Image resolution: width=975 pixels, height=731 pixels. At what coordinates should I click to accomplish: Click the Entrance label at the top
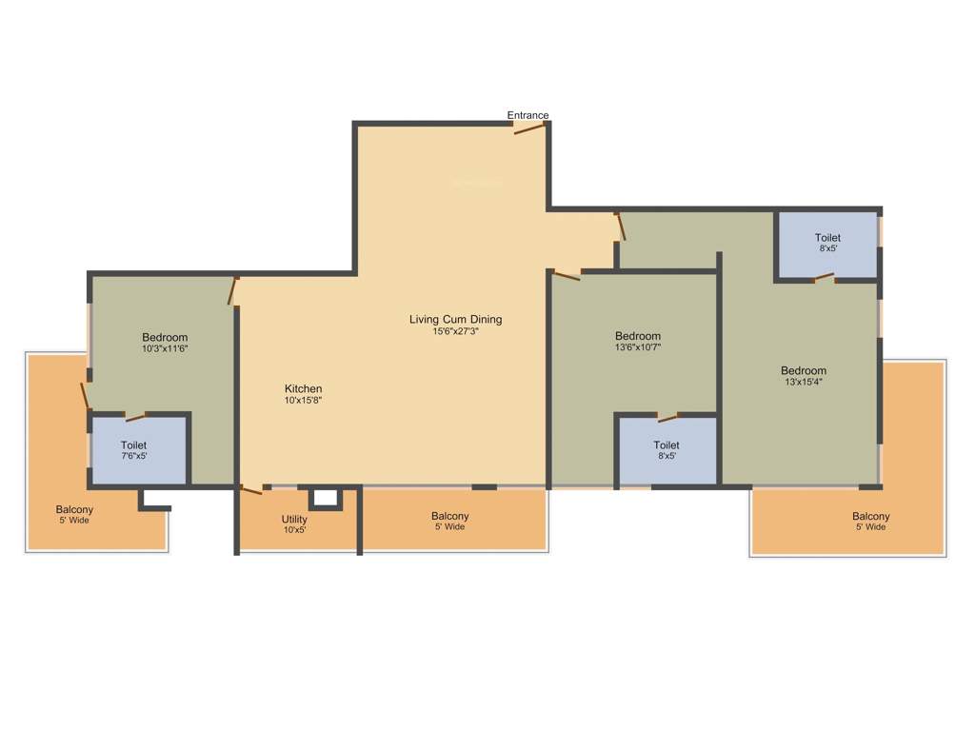coord(527,115)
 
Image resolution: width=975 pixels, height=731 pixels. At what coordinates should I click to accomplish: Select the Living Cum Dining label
coord(455,319)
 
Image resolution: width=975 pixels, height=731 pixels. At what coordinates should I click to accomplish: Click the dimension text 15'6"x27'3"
coord(455,331)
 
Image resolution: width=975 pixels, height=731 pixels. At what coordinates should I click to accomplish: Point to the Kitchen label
coord(303,388)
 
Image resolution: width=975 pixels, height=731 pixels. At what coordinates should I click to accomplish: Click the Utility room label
coord(294,520)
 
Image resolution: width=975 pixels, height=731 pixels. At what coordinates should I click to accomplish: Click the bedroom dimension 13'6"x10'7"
coord(637,347)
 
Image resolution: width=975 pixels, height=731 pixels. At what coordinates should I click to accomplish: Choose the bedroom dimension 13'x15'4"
coord(803,382)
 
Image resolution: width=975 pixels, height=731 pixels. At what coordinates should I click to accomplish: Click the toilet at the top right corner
coord(826,244)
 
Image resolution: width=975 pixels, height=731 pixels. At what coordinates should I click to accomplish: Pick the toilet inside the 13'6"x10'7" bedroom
coord(667,450)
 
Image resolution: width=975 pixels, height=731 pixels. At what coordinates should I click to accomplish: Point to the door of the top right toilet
coord(825,278)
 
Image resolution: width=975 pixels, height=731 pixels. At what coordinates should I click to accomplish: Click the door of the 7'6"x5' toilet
coord(136,416)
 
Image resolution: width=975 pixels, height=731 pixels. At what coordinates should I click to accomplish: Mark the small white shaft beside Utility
coord(325,498)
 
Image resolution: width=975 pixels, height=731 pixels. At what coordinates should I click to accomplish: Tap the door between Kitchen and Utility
coord(251,490)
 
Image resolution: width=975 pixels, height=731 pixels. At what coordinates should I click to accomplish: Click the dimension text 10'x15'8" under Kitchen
coord(303,401)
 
